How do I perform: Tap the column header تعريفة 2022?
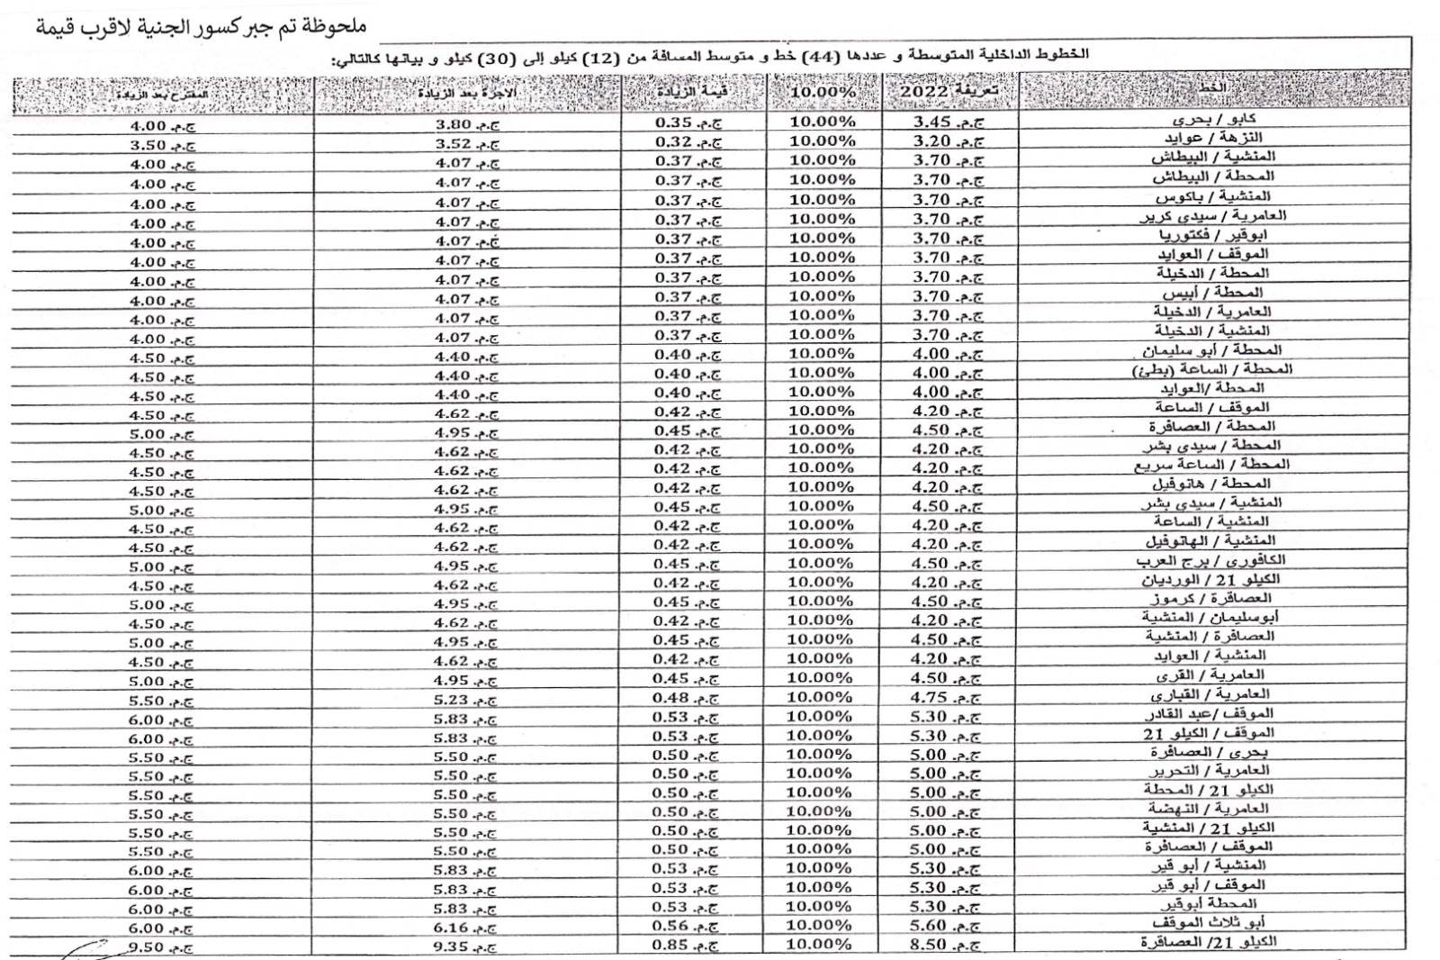949,91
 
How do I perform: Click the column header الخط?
1212,87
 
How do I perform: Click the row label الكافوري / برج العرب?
1210,561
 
